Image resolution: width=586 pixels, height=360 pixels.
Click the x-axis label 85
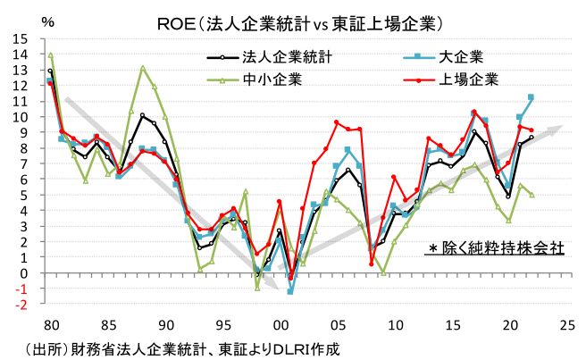107,324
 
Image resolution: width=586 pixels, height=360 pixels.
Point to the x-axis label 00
280,324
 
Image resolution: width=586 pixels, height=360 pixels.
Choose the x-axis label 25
566,324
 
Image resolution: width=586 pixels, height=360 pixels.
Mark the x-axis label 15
452,324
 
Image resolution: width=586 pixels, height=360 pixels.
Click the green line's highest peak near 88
143,67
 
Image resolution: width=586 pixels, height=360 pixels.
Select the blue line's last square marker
531,97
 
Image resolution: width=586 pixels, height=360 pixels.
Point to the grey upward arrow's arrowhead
559,129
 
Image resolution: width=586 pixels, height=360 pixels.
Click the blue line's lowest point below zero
290,291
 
